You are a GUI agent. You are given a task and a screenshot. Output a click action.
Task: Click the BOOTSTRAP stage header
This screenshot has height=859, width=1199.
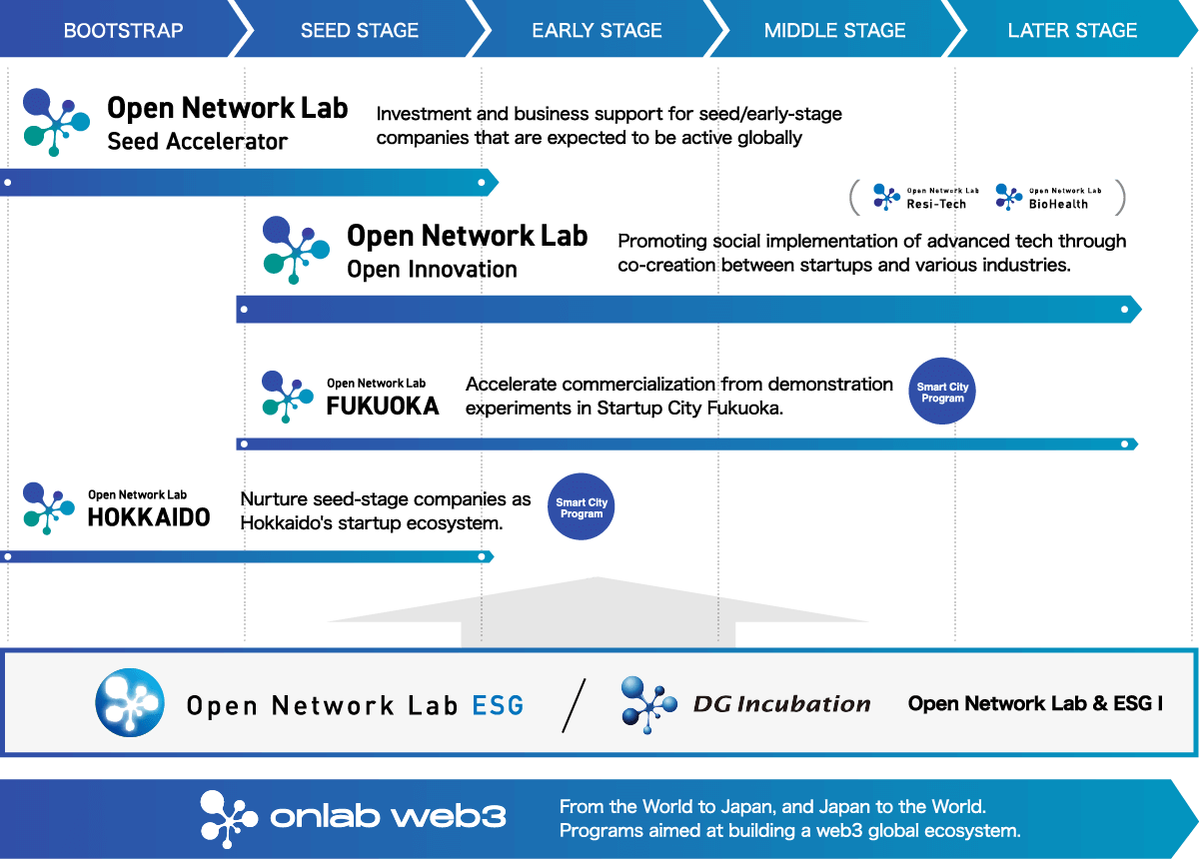click(123, 30)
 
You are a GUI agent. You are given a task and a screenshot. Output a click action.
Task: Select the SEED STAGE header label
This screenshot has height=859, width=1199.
click(360, 30)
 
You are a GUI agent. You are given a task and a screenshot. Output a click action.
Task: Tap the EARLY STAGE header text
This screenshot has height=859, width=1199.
click(597, 30)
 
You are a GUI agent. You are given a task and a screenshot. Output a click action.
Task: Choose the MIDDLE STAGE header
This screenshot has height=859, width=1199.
click(834, 30)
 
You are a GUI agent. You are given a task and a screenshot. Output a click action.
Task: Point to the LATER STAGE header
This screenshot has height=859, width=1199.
click(1072, 30)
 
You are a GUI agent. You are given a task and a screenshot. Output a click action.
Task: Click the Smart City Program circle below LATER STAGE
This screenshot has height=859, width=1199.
click(942, 392)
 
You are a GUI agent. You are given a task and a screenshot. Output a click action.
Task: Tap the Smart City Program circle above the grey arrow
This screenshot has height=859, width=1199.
click(582, 507)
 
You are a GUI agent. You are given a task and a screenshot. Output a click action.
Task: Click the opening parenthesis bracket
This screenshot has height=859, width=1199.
click(854, 197)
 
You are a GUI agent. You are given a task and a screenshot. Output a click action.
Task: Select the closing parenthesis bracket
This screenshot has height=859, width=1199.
click(1120, 197)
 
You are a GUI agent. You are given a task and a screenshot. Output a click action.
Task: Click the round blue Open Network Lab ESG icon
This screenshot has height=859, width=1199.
click(130, 702)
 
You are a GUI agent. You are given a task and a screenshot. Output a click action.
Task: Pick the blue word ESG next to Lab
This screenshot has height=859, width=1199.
click(498, 705)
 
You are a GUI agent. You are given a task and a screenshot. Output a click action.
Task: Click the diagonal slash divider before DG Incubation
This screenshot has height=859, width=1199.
click(574, 705)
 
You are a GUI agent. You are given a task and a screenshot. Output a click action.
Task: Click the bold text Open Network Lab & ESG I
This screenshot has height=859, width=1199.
click(1035, 704)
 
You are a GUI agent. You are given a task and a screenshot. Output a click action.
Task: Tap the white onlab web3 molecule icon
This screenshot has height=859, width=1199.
click(229, 819)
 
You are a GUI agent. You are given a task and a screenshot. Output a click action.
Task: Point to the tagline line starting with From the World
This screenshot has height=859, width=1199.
click(772, 806)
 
